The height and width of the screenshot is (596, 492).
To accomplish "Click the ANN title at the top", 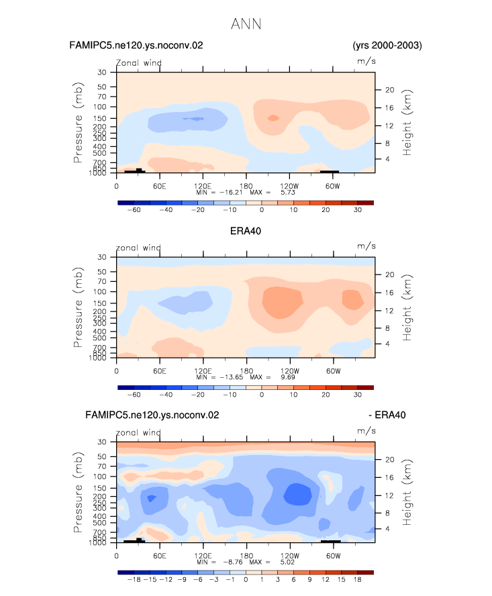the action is (246, 24).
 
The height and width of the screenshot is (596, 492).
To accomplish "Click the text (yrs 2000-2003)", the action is (387, 45).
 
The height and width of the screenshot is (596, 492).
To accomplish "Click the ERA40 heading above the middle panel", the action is (246, 231).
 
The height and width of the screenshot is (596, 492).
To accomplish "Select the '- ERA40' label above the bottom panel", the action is (387, 415).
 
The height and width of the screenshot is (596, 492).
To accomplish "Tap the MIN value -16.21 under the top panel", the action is (231, 193).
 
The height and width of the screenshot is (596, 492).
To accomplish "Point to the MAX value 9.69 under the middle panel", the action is (288, 377).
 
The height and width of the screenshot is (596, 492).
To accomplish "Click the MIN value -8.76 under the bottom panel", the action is (233, 562).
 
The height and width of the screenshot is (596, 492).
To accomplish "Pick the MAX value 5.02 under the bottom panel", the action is (287, 562).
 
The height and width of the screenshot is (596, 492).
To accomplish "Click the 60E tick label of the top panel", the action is (160, 186).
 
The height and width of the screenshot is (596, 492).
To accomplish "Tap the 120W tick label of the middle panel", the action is (290, 370).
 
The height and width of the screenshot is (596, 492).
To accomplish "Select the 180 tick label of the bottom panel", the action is (246, 555).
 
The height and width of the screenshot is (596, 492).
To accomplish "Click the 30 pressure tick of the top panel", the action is (102, 72).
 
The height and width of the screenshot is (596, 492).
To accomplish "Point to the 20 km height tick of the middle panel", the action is (390, 275).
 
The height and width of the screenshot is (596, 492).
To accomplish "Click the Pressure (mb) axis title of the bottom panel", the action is (78, 492).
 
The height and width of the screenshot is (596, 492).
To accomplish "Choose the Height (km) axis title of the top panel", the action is (407, 122).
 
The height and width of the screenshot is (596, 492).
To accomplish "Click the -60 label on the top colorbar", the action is (134, 210).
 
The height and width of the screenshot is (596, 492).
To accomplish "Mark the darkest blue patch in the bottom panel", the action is (298, 494).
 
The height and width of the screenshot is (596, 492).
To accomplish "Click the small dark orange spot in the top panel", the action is (273, 118).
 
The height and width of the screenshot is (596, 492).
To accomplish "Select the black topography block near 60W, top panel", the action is (330, 171).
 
